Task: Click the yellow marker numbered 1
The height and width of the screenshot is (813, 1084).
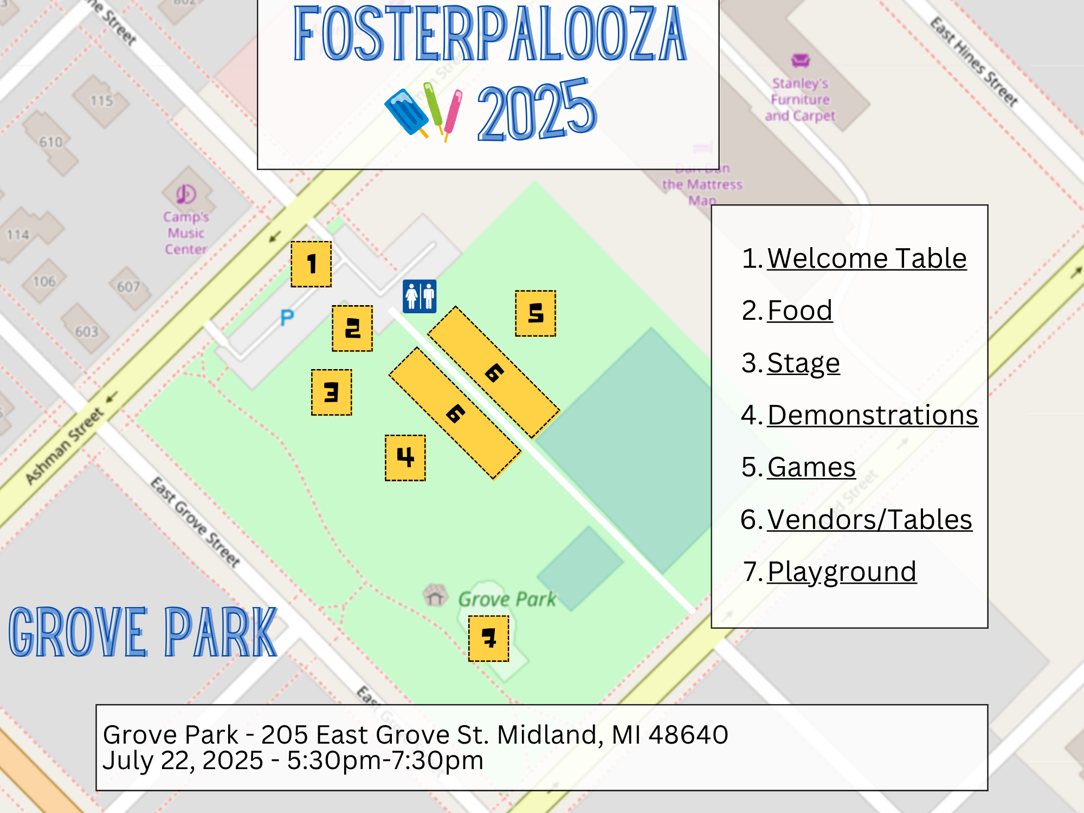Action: pyautogui.click(x=311, y=264)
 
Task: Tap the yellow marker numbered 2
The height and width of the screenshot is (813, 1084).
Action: pyautogui.click(x=352, y=328)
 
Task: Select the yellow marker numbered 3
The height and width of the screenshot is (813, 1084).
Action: pyautogui.click(x=332, y=392)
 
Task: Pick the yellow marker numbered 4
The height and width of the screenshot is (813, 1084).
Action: pyautogui.click(x=405, y=457)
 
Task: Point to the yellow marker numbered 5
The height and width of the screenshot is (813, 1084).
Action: pyautogui.click(x=535, y=313)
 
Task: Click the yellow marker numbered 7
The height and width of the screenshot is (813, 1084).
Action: pyautogui.click(x=489, y=638)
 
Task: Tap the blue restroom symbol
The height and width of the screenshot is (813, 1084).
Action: pyautogui.click(x=420, y=296)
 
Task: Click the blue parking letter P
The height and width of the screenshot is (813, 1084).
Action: pyautogui.click(x=287, y=318)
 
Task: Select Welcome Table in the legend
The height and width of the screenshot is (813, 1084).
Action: pyautogui.click(x=866, y=258)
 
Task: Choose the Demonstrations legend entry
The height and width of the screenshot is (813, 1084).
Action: pyautogui.click(x=872, y=415)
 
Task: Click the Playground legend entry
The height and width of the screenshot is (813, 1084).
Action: pyautogui.click(x=842, y=571)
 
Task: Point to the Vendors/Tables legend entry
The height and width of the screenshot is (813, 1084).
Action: pyautogui.click(x=869, y=519)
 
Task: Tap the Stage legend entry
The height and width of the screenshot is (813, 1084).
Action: pyautogui.click(x=803, y=363)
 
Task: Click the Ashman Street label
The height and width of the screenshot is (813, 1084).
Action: pyautogui.click(x=65, y=446)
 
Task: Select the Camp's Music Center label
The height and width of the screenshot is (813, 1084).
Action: pyautogui.click(x=185, y=233)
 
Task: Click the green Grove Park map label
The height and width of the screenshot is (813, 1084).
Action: pyautogui.click(x=507, y=599)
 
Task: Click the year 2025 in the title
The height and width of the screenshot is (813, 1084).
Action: pyautogui.click(x=537, y=111)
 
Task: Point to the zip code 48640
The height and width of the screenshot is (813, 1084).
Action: pyautogui.click(x=688, y=735)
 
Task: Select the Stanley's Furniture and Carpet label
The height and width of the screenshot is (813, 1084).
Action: pyautogui.click(x=800, y=99)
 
